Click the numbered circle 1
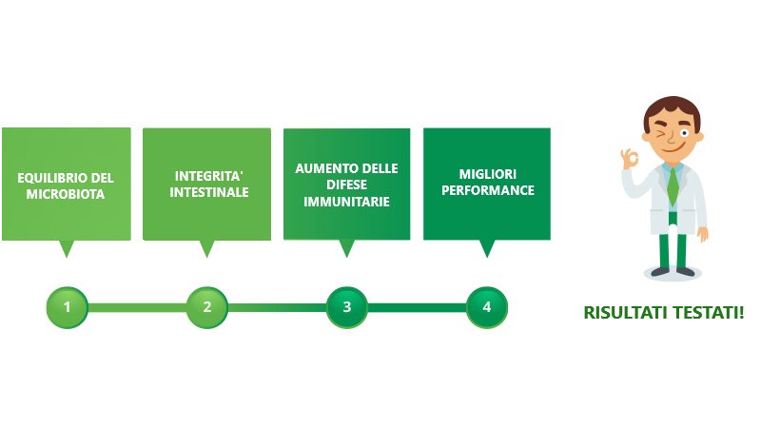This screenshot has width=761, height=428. (67, 307)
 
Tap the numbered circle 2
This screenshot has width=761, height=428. (207, 307)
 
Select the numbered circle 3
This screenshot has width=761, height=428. (347, 307)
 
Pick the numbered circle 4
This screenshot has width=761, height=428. (487, 307)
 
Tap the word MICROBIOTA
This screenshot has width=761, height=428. (66, 194)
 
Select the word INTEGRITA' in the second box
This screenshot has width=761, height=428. (208, 176)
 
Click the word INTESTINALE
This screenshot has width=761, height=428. (208, 192)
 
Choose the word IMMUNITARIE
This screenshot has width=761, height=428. (346, 202)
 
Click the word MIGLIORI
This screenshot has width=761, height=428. (488, 174)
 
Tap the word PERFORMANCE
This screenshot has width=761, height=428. (488, 190)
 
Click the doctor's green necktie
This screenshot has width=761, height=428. (673, 185)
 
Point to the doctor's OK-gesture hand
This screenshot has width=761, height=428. (630, 158)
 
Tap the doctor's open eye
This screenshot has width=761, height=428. (684, 132)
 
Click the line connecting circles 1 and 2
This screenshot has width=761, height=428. (137, 307)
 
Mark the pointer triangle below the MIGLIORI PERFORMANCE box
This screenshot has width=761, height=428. (487, 248)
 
